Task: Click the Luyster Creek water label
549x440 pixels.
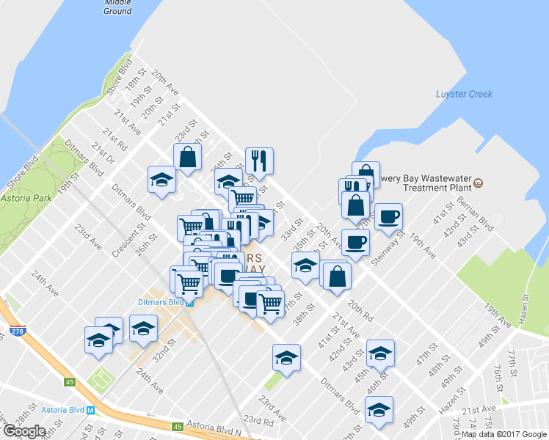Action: tap(464, 94)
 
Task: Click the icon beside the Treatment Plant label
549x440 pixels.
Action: tap(479, 183)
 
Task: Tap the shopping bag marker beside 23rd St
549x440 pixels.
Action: tap(188, 157)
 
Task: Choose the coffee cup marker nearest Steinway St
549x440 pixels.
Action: tap(388, 216)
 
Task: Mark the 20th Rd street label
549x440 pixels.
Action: tap(361, 308)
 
